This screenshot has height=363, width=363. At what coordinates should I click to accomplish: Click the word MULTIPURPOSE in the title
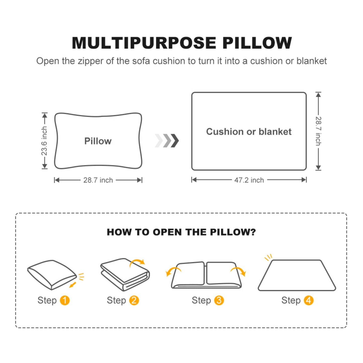pyautogui.click(x=144, y=43)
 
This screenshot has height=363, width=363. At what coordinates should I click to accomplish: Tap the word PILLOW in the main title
pyautogui.click(x=257, y=43)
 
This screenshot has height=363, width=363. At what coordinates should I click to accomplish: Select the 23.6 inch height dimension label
pyautogui.click(x=44, y=141)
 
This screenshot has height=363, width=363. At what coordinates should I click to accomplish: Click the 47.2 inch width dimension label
pyautogui.click(x=249, y=180)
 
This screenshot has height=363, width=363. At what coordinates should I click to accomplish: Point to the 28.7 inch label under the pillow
pyautogui.click(x=98, y=180)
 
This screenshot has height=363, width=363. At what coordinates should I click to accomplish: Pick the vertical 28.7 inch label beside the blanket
pyautogui.click(x=318, y=131)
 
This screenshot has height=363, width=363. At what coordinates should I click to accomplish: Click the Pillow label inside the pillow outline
pyautogui.click(x=98, y=141)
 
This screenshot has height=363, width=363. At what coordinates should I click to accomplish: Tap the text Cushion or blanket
pyautogui.click(x=249, y=132)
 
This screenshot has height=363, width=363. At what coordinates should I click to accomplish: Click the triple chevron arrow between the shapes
pyautogui.click(x=167, y=141)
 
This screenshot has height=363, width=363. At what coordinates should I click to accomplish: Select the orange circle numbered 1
pyautogui.click(x=65, y=300)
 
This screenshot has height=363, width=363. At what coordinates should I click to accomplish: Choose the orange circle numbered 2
pyautogui.click(x=134, y=300)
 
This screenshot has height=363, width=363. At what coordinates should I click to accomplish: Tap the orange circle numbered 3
pyautogui.click(x=219, y=300)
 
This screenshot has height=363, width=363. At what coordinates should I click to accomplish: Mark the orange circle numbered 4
pyautogui.click(x=308, y=300)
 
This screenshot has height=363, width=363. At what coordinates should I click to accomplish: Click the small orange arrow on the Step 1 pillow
pyautogui.click(x=73, y=285)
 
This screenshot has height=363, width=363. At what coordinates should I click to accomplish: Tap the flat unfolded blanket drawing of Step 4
pyautogui.click(x=297, y=276)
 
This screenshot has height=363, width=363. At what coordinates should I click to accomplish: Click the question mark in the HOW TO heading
pyautogui.click(x=253, y=232)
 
